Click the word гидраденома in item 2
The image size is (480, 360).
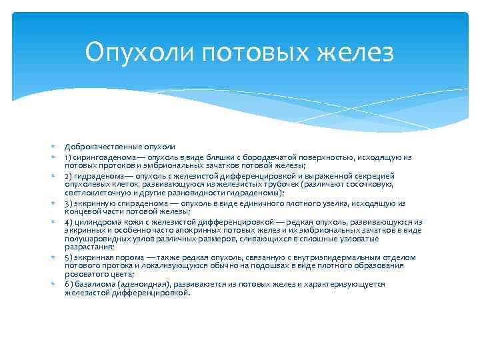click(98, 176)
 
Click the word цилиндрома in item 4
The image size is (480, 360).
click(96, 222)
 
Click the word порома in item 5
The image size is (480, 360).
click(125, 257)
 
